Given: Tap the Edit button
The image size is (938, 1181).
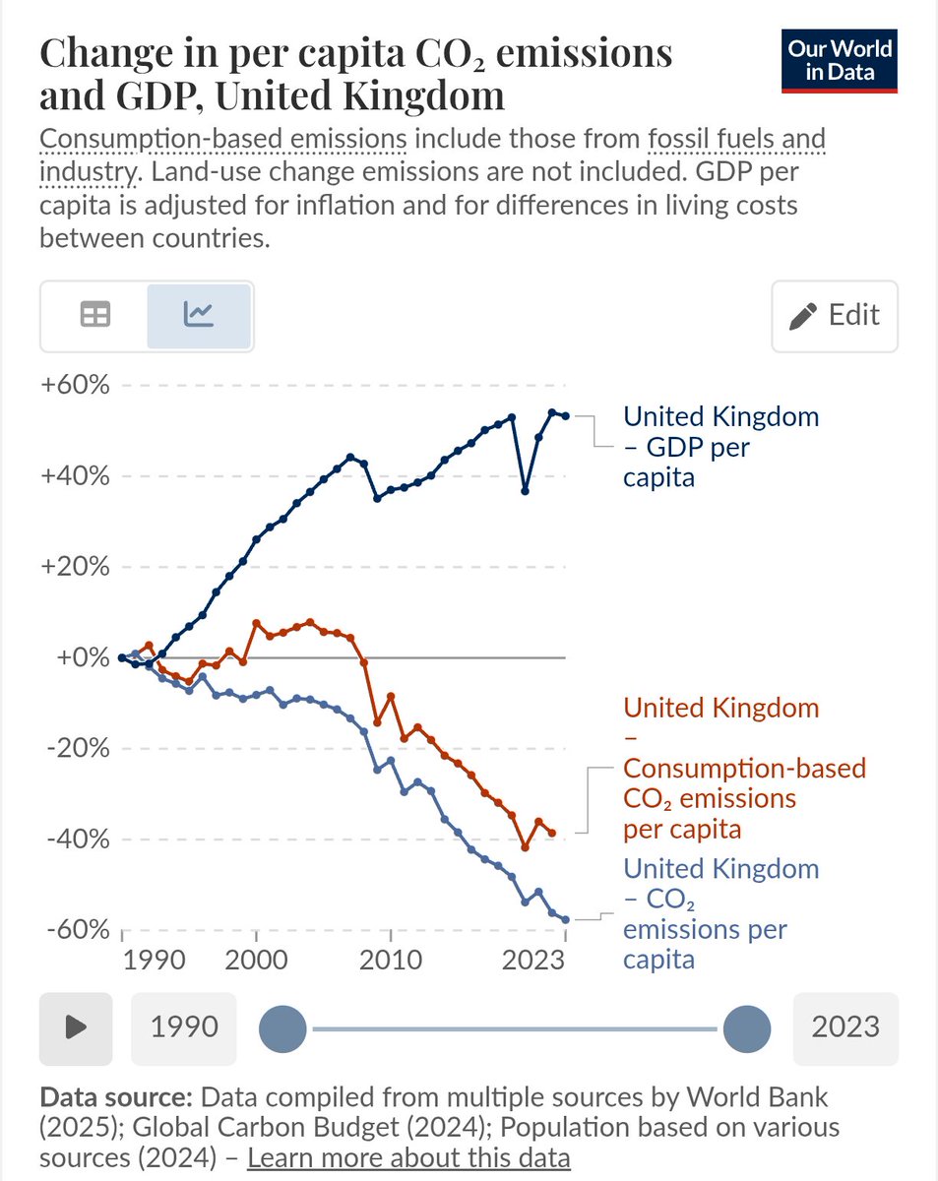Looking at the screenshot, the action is [835, 316].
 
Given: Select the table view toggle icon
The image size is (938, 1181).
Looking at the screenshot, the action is [94, 315].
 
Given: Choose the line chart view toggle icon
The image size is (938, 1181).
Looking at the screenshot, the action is [199, 315].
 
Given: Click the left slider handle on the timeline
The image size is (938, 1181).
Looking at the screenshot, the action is [282, 1028].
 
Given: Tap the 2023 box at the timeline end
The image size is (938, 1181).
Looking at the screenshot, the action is [845, 1028].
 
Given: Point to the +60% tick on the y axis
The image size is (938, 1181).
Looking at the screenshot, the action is [75, 385].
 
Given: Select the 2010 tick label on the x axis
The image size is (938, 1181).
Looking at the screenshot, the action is [391, 960].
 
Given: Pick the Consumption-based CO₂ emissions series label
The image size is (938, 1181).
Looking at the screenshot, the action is [744, 768].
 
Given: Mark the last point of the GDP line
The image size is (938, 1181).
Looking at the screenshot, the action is [565, 415].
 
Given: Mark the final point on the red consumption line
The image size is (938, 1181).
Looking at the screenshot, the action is [552, 833].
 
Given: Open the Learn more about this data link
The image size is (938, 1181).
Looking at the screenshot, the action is [408, 1157].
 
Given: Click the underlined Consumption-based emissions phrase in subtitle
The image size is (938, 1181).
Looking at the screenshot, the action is [222, 140].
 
